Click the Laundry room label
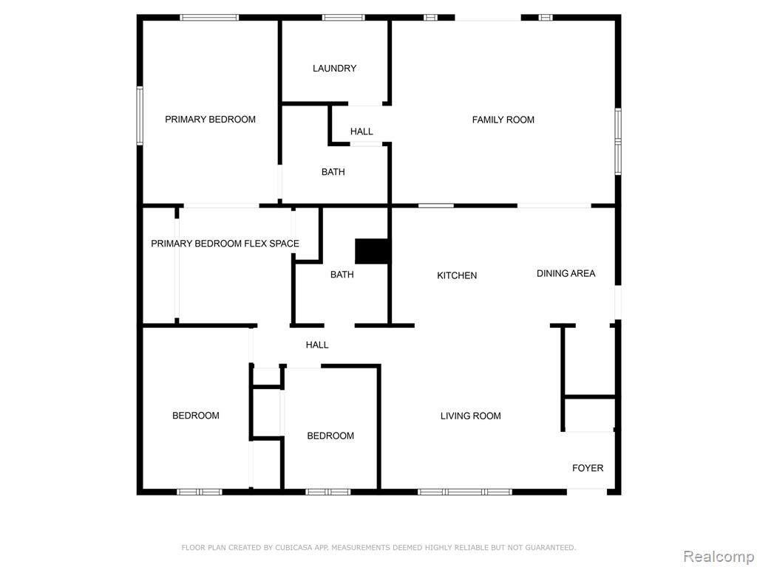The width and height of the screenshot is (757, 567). (334, 69)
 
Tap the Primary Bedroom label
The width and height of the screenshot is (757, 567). (210, 120)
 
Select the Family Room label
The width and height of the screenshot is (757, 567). (503, 120)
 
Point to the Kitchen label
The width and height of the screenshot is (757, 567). (457, 275)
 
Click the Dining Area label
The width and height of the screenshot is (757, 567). (566, 273)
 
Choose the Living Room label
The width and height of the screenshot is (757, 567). (470, 416)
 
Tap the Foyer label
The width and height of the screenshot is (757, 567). (588, 467)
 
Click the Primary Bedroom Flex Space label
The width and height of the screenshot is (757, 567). (225, 244)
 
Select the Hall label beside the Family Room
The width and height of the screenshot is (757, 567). (361, 131)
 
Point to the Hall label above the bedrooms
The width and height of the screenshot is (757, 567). (316, 345)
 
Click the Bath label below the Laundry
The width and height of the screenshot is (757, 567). (333, 171)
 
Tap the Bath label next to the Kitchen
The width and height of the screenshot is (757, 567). (342, 275)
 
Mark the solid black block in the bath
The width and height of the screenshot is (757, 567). (372, 251)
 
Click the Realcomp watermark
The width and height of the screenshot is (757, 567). (719, 556)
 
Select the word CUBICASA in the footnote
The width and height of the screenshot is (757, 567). (290, 547)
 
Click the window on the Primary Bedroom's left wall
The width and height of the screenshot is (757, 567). (140, 116)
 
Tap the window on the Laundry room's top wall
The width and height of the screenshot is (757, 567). (344, 18)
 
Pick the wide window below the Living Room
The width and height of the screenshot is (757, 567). (465, 492)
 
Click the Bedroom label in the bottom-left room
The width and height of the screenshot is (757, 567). (195, 415)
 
